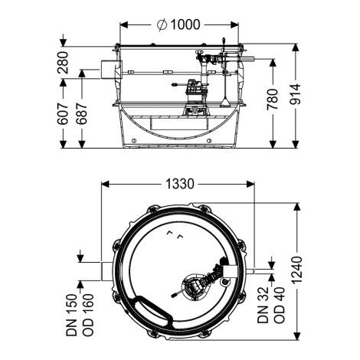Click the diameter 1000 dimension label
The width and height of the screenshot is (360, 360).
[x=178, y=25]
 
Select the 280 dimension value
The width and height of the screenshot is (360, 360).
[x=63, y=63]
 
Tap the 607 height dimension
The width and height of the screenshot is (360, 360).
[x=63, y=114]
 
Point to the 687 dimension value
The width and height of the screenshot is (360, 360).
[x=82, y=114]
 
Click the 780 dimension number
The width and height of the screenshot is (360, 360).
[x=273, y=100]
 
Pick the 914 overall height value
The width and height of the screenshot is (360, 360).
[x=295, y=94]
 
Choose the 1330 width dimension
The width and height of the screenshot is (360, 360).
[x=180, y=184]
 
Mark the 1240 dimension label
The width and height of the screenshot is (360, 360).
[x=296, y=270]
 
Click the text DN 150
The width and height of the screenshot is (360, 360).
[x=72, y=315]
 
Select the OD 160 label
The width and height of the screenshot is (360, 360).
[x=88, y=315]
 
